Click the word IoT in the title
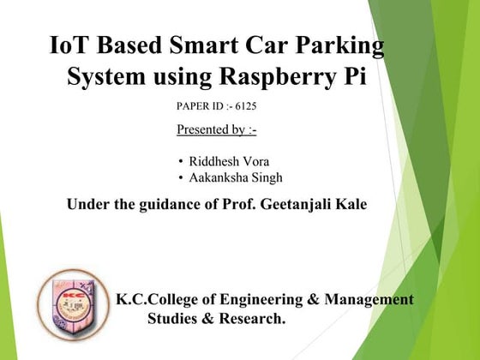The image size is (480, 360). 70,45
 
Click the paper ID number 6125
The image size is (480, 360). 244,106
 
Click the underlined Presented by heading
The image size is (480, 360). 216,130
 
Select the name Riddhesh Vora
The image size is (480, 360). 229,162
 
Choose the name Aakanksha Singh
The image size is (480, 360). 236,178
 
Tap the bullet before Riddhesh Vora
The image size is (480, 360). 181,162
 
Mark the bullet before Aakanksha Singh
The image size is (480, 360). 181,178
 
